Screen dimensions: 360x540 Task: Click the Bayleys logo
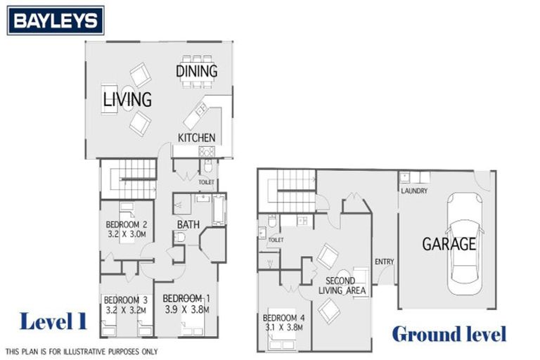point(56,21)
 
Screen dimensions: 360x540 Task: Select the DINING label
point(196,71)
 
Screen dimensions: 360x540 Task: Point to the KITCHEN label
point(196,137)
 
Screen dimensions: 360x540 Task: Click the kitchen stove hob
point(207,151)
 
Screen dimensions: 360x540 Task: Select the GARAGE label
point(449,245)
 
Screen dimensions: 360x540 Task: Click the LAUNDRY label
point(414,191)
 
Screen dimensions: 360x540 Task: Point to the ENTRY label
point(384,262)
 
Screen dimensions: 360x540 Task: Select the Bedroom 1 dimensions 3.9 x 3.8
point(186,307)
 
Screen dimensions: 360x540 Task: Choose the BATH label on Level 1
point(188,225)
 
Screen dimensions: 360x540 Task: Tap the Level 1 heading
point(53,321)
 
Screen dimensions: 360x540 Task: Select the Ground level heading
point(449,333)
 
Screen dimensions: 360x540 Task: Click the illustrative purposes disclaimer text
point(82,351)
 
